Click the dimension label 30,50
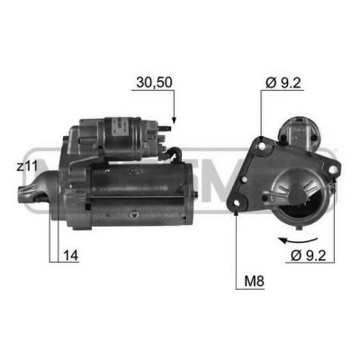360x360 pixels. [x=154, y=83]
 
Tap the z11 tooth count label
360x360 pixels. [x=27, y=166]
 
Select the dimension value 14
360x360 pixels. [x=71, y=256]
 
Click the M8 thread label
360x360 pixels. [x=254, y=282]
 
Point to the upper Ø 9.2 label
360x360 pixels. [x=283, y=83]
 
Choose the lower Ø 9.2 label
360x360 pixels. [x=309, y=256]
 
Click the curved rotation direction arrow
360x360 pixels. [x=298, y=240]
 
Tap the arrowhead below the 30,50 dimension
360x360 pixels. [x=174, y=120]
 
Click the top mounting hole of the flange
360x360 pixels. [x=263, y=147]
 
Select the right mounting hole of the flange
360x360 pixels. [x=332, y=170]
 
